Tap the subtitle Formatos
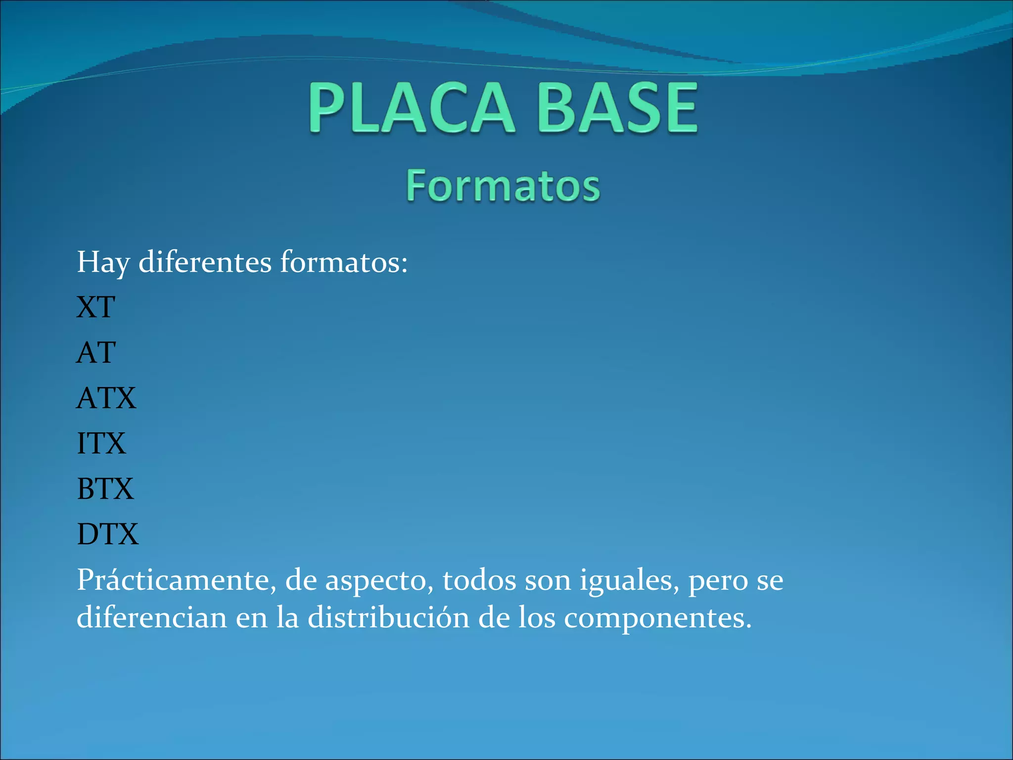[503, 186]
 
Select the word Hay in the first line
[103, 262]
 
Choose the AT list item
[96, 352]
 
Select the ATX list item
[106, 398]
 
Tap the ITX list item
[101, 443]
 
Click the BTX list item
[105, 489]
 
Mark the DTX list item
[108, 534]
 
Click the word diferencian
[152, 617]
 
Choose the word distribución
[388, 617]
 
